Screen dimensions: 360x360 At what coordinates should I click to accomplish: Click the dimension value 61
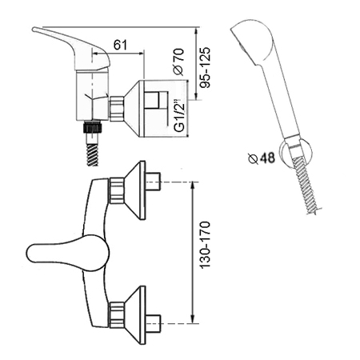pyautogui.click(x=120, y=45)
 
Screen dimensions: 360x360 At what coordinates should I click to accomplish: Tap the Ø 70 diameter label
pyautogui.click(x=178, y=62)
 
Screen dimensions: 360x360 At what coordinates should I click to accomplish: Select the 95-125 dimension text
pyautogui.click(x=206, y=67)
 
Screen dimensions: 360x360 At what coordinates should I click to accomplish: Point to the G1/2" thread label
pyautogui.click(x=179, y=116)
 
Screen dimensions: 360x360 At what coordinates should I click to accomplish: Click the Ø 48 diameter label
pyautogui.click(x=261, y=158)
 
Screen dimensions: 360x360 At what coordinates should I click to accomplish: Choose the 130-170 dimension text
pyautogui.click(x=206, y=245)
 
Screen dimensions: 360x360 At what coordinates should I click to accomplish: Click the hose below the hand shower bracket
pyautogui.click(x=306, y=186)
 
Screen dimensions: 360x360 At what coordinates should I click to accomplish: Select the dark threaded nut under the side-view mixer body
pyautogui.click(x=93, y=126)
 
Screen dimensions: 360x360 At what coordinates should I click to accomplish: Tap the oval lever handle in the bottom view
pyautogui.click(x=68, y=253)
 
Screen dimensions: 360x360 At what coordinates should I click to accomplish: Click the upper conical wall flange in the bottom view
pyautogui.click(x=135, y=190)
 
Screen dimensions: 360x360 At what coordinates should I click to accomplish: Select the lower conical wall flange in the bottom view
pyautogui.click(x=135, y=315)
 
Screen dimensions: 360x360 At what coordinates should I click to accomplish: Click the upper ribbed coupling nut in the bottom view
pyautogui.click(x=116, y=190)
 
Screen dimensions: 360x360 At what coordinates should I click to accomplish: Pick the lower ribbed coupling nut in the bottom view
pyautogui.click(x=116, y=315)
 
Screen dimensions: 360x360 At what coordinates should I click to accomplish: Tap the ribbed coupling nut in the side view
pyautogui.click(x=117, y=109)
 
